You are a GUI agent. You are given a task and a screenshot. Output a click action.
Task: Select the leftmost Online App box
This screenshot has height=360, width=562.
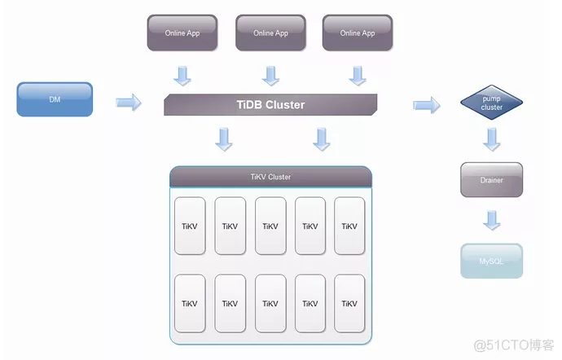tap(181, 33)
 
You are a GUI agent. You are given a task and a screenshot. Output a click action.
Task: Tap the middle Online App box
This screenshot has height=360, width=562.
tap(270, 33)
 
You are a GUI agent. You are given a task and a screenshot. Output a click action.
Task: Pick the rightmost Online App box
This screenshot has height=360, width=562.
tap(357, 33)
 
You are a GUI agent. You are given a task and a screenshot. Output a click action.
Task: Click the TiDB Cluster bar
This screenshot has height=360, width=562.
tap(270, 104)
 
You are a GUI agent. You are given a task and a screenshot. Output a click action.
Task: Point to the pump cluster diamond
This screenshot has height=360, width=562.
tap(491, 103)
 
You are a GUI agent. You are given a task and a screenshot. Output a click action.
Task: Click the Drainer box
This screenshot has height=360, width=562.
tap(491, 180)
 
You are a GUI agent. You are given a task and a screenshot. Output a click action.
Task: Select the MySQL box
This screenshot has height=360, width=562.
tap(491, 261)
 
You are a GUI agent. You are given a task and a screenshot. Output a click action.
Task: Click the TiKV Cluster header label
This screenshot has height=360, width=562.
tap(270, 177)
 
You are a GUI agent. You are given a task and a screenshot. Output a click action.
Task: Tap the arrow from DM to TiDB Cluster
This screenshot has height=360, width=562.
tap(128, 103)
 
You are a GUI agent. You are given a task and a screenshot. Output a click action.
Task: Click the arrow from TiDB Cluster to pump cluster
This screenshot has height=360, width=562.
tap(426, 104)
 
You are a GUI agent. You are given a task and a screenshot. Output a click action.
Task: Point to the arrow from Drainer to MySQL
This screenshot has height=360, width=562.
tap(491, 220)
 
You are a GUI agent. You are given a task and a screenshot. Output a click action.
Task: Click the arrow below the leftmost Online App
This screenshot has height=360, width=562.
tap(183, 76)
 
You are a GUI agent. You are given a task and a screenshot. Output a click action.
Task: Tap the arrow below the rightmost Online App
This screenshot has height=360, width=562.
tap(357, 76)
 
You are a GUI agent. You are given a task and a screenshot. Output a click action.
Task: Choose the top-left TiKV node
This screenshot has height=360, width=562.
tap(190, 226)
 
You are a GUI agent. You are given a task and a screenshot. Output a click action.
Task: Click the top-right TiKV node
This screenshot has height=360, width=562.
tap(349, 226)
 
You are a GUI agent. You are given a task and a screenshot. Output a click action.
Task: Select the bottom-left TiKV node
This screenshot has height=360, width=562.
tap(190, 303)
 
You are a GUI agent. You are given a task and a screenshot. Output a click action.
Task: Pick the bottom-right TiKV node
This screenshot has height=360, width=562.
tap(349, 303)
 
